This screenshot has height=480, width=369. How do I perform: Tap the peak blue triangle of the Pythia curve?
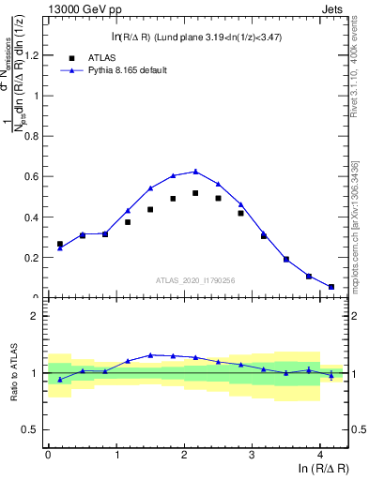(x=195, y=172)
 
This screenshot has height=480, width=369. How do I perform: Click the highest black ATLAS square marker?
(x=195, y=193)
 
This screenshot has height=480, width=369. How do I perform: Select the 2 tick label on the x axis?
(x=184, y=455)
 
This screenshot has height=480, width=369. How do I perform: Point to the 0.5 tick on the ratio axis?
(x=34, y=429)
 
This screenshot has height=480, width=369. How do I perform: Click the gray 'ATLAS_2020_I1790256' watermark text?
(x=195, y=279)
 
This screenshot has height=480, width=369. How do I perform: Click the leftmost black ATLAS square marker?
(x=60, y=244)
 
